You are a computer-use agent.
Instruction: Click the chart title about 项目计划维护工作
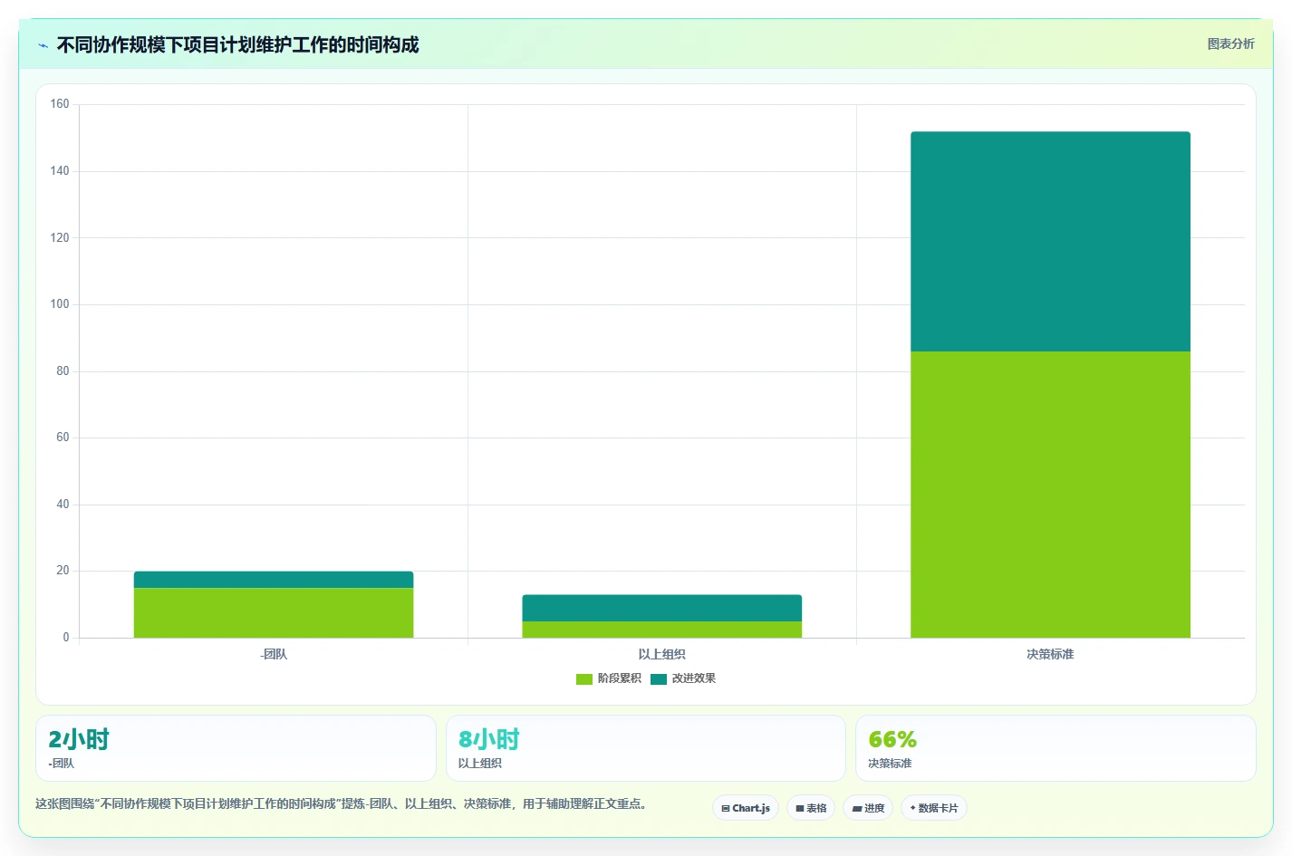pos(237,44)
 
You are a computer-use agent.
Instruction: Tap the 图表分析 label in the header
pos(1231,43)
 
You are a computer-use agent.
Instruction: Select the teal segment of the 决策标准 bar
pos(1050,241)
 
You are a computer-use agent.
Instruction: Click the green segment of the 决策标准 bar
pos(1050,495)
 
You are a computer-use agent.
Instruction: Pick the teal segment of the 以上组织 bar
pos(662,608)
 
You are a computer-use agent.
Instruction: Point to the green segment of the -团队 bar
pos(274,612)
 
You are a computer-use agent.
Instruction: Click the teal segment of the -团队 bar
pos(274,580)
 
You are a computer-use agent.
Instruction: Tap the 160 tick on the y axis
pos(60,104)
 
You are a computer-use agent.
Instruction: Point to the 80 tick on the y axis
pos(63,370)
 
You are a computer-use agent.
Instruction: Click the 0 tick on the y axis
pos(66,638)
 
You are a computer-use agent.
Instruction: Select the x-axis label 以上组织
pos(662,654)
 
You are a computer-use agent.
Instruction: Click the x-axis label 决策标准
pos(1050,654)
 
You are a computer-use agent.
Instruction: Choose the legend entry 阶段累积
pos(609,678)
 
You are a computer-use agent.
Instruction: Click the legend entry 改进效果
pos(683,678)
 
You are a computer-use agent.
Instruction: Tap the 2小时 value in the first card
pos(79,739)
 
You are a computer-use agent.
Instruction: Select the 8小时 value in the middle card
pos(488,739)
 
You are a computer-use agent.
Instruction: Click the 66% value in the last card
pos(892,739)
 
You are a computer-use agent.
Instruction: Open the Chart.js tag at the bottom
pos(746,808)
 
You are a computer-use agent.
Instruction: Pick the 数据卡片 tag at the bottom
pos(934,808)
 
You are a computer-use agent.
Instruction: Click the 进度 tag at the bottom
pos(868,808)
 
